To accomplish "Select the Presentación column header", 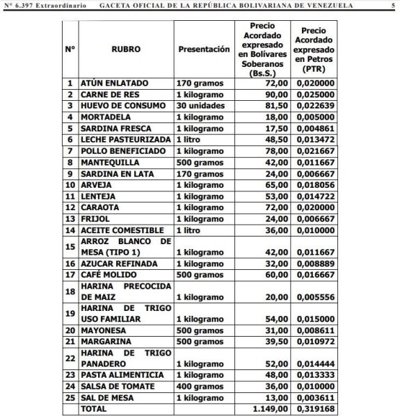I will [x=204, y=50].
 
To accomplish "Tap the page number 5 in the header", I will [x=393, y=6].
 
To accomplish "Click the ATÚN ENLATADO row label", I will [x=113, y=83].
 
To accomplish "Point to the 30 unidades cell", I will [x=200, y=105].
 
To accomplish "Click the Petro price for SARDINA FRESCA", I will [x=317, y=128].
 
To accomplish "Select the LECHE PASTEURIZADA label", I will [x=125, y=139].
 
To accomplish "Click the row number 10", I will [x=70, y=185].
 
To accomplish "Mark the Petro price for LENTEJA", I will [x=317, y=196].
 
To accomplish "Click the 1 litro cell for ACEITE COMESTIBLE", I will [x=189, y=230].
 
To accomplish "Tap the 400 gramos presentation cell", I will [x=199, y=386].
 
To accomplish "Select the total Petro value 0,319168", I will [x=317, y=408].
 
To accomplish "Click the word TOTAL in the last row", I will [x=95, y=408].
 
